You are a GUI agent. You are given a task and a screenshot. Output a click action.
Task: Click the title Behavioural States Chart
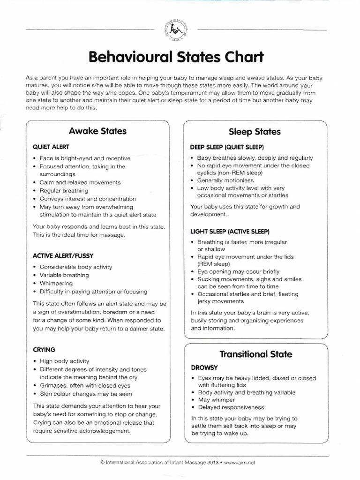point(176,58)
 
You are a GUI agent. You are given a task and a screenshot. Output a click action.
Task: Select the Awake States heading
point(97,131)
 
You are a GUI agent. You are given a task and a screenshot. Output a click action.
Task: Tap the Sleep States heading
point(255,132)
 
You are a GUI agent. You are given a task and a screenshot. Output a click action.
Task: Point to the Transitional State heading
point(255,354)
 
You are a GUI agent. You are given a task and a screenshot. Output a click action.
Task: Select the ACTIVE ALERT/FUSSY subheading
point(63,255)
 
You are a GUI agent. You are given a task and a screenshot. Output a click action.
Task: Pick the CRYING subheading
point(44,349)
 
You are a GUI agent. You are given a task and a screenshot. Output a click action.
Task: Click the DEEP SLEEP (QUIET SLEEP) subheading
point(227,146)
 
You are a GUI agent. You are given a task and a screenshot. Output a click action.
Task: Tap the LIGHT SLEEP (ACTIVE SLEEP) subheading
point(230,232)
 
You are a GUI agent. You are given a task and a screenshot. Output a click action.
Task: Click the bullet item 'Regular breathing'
point(63,191)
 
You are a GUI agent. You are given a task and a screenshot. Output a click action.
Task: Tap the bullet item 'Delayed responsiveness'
point(227,407)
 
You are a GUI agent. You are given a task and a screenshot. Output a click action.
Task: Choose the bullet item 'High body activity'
point(64,361)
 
